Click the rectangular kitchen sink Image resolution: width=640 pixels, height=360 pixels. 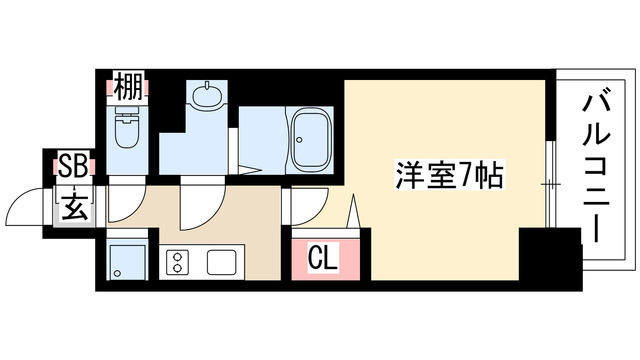[222, 262]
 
